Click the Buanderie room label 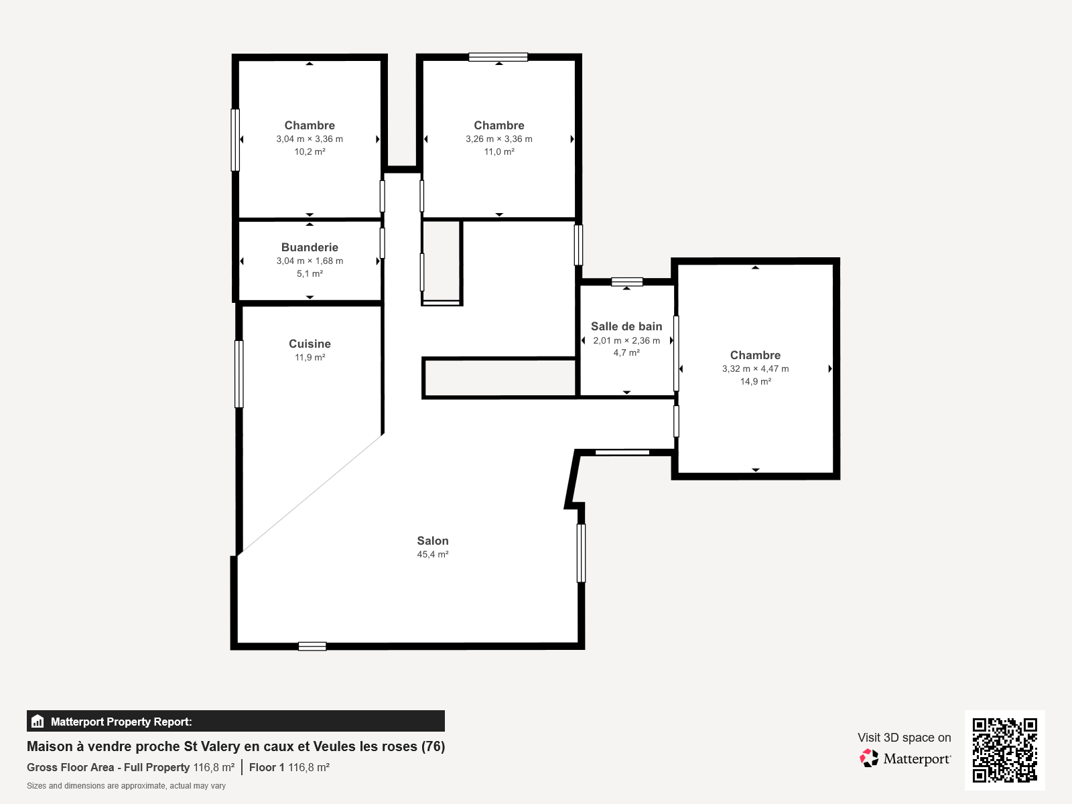[310, 247]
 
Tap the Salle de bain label [626, 326]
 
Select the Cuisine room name [310, 344]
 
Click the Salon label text [433, 541]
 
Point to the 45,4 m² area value [433, 555]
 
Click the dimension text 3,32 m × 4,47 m [755, 369]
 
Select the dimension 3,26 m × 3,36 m [499, 139]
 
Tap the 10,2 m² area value [310, 152]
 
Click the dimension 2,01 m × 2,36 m [626, 340]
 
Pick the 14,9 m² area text [755, 382]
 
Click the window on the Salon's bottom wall [312, 646]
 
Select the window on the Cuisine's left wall [239, 374]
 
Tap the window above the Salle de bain [627, 282]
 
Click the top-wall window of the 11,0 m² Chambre [498, 57]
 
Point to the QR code [1004, 750]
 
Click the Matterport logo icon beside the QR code [869, 758]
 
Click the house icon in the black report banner [38, 722]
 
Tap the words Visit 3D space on [904, 738]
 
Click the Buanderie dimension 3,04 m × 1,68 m [310, 261]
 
